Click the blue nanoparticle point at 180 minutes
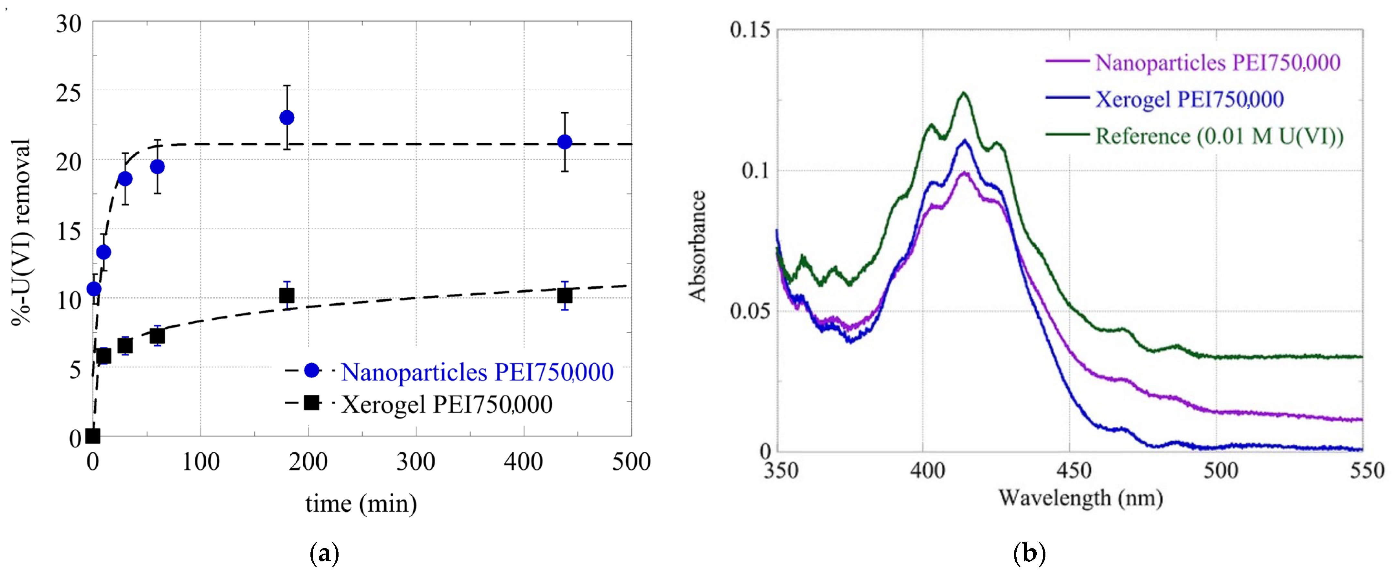pos(287,117)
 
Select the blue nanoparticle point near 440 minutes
pos(564,142)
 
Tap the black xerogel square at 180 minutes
pos(287,296)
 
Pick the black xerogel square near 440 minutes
pos(564,296)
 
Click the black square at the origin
pos(93,436)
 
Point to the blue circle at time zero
pos(94,289)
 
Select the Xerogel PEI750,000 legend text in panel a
pos(447,404)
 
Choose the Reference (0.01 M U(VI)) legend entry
pos(1219,136)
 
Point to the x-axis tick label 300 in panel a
pos(416,462)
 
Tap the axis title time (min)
pos(361,503)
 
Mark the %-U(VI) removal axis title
pos(22,232)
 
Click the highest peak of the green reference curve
pos(963,93)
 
